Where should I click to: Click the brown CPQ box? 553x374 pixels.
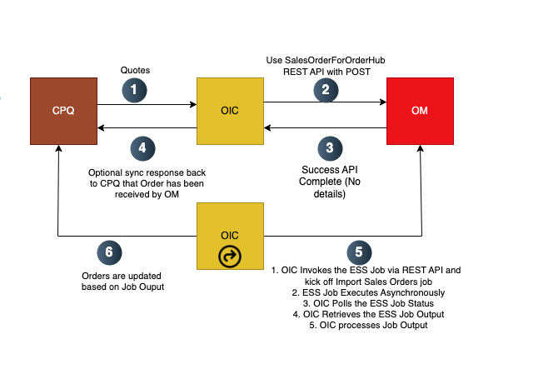click(x=63, y=111)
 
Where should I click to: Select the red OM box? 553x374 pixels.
click(x=420, y=111)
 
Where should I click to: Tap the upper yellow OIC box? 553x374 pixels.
click(x=230, y=111)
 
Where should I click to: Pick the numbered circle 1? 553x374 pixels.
click(x=132, y=89)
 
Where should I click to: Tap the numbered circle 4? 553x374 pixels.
click(x=142, y=149)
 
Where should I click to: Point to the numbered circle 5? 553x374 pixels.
click(x=359, y=250)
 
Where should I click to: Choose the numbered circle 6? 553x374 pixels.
click(x=106, y=250)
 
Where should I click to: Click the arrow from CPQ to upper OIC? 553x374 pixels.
click(x=147, y=105)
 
